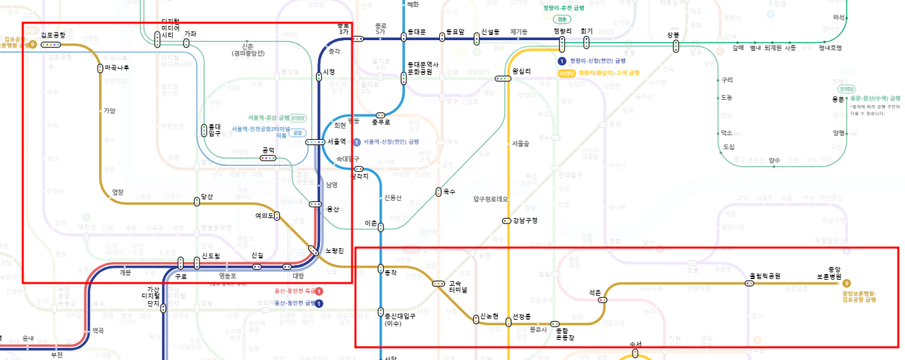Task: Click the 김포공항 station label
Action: [53, 35]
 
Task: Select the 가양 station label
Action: [109, 111]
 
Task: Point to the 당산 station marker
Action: [197, 202]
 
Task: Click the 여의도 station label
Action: [265, 215]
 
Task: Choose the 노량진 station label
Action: [334, 250]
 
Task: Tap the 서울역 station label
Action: [337, 141]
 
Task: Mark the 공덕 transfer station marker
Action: [268, 158]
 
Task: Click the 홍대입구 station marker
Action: [205, 130]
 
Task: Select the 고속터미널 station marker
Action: [439, 284]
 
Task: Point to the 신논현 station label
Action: [489, 316]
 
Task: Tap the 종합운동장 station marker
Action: [554, 324]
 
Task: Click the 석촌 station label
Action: [595, 292]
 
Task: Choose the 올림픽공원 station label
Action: [764, 276]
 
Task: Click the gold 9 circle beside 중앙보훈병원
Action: [847, 283]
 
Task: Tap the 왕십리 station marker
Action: [503, 78]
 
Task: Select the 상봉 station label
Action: [673, 35]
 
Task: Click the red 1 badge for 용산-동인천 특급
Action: [319, 291]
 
